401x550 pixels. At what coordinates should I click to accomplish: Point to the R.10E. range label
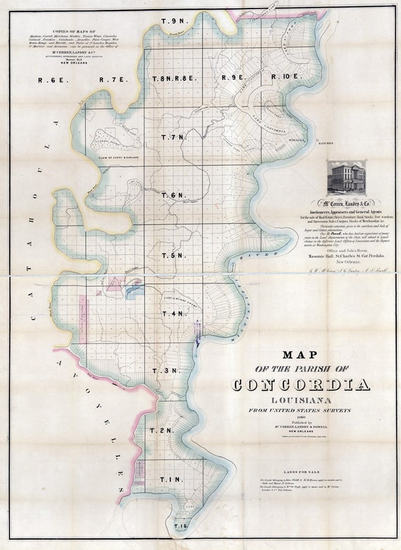[286, 77]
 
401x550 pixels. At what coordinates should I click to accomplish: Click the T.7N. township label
[173, 136]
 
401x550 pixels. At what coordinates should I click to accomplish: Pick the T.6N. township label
[173, 195]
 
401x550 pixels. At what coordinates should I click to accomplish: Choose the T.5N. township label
[173, 255]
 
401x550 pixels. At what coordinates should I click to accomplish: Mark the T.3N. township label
[167, 370]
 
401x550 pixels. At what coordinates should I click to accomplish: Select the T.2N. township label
[161, 430]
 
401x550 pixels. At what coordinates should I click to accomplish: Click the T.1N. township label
[160, 480]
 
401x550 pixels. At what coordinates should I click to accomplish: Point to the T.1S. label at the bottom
[182, 525]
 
